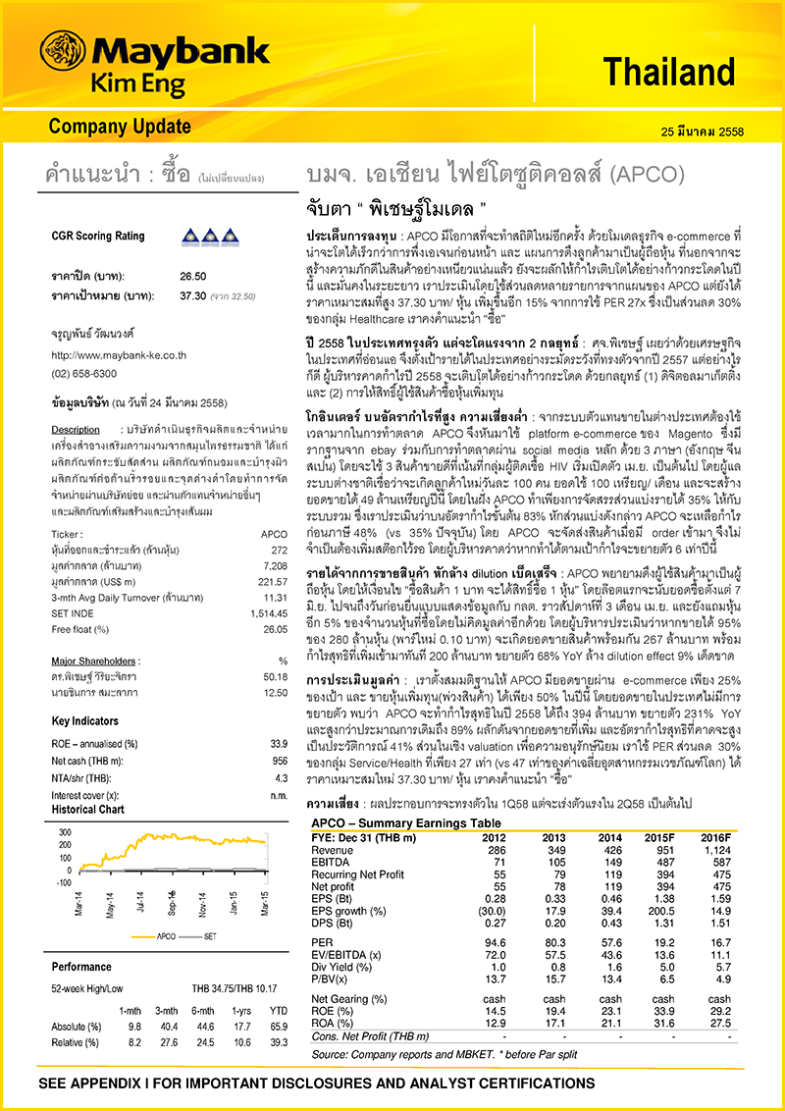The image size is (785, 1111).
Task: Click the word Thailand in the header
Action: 668,72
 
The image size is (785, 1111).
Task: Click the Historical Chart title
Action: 88,810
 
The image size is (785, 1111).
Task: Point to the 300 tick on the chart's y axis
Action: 66,831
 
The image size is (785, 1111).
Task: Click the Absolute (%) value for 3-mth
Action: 166,1027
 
